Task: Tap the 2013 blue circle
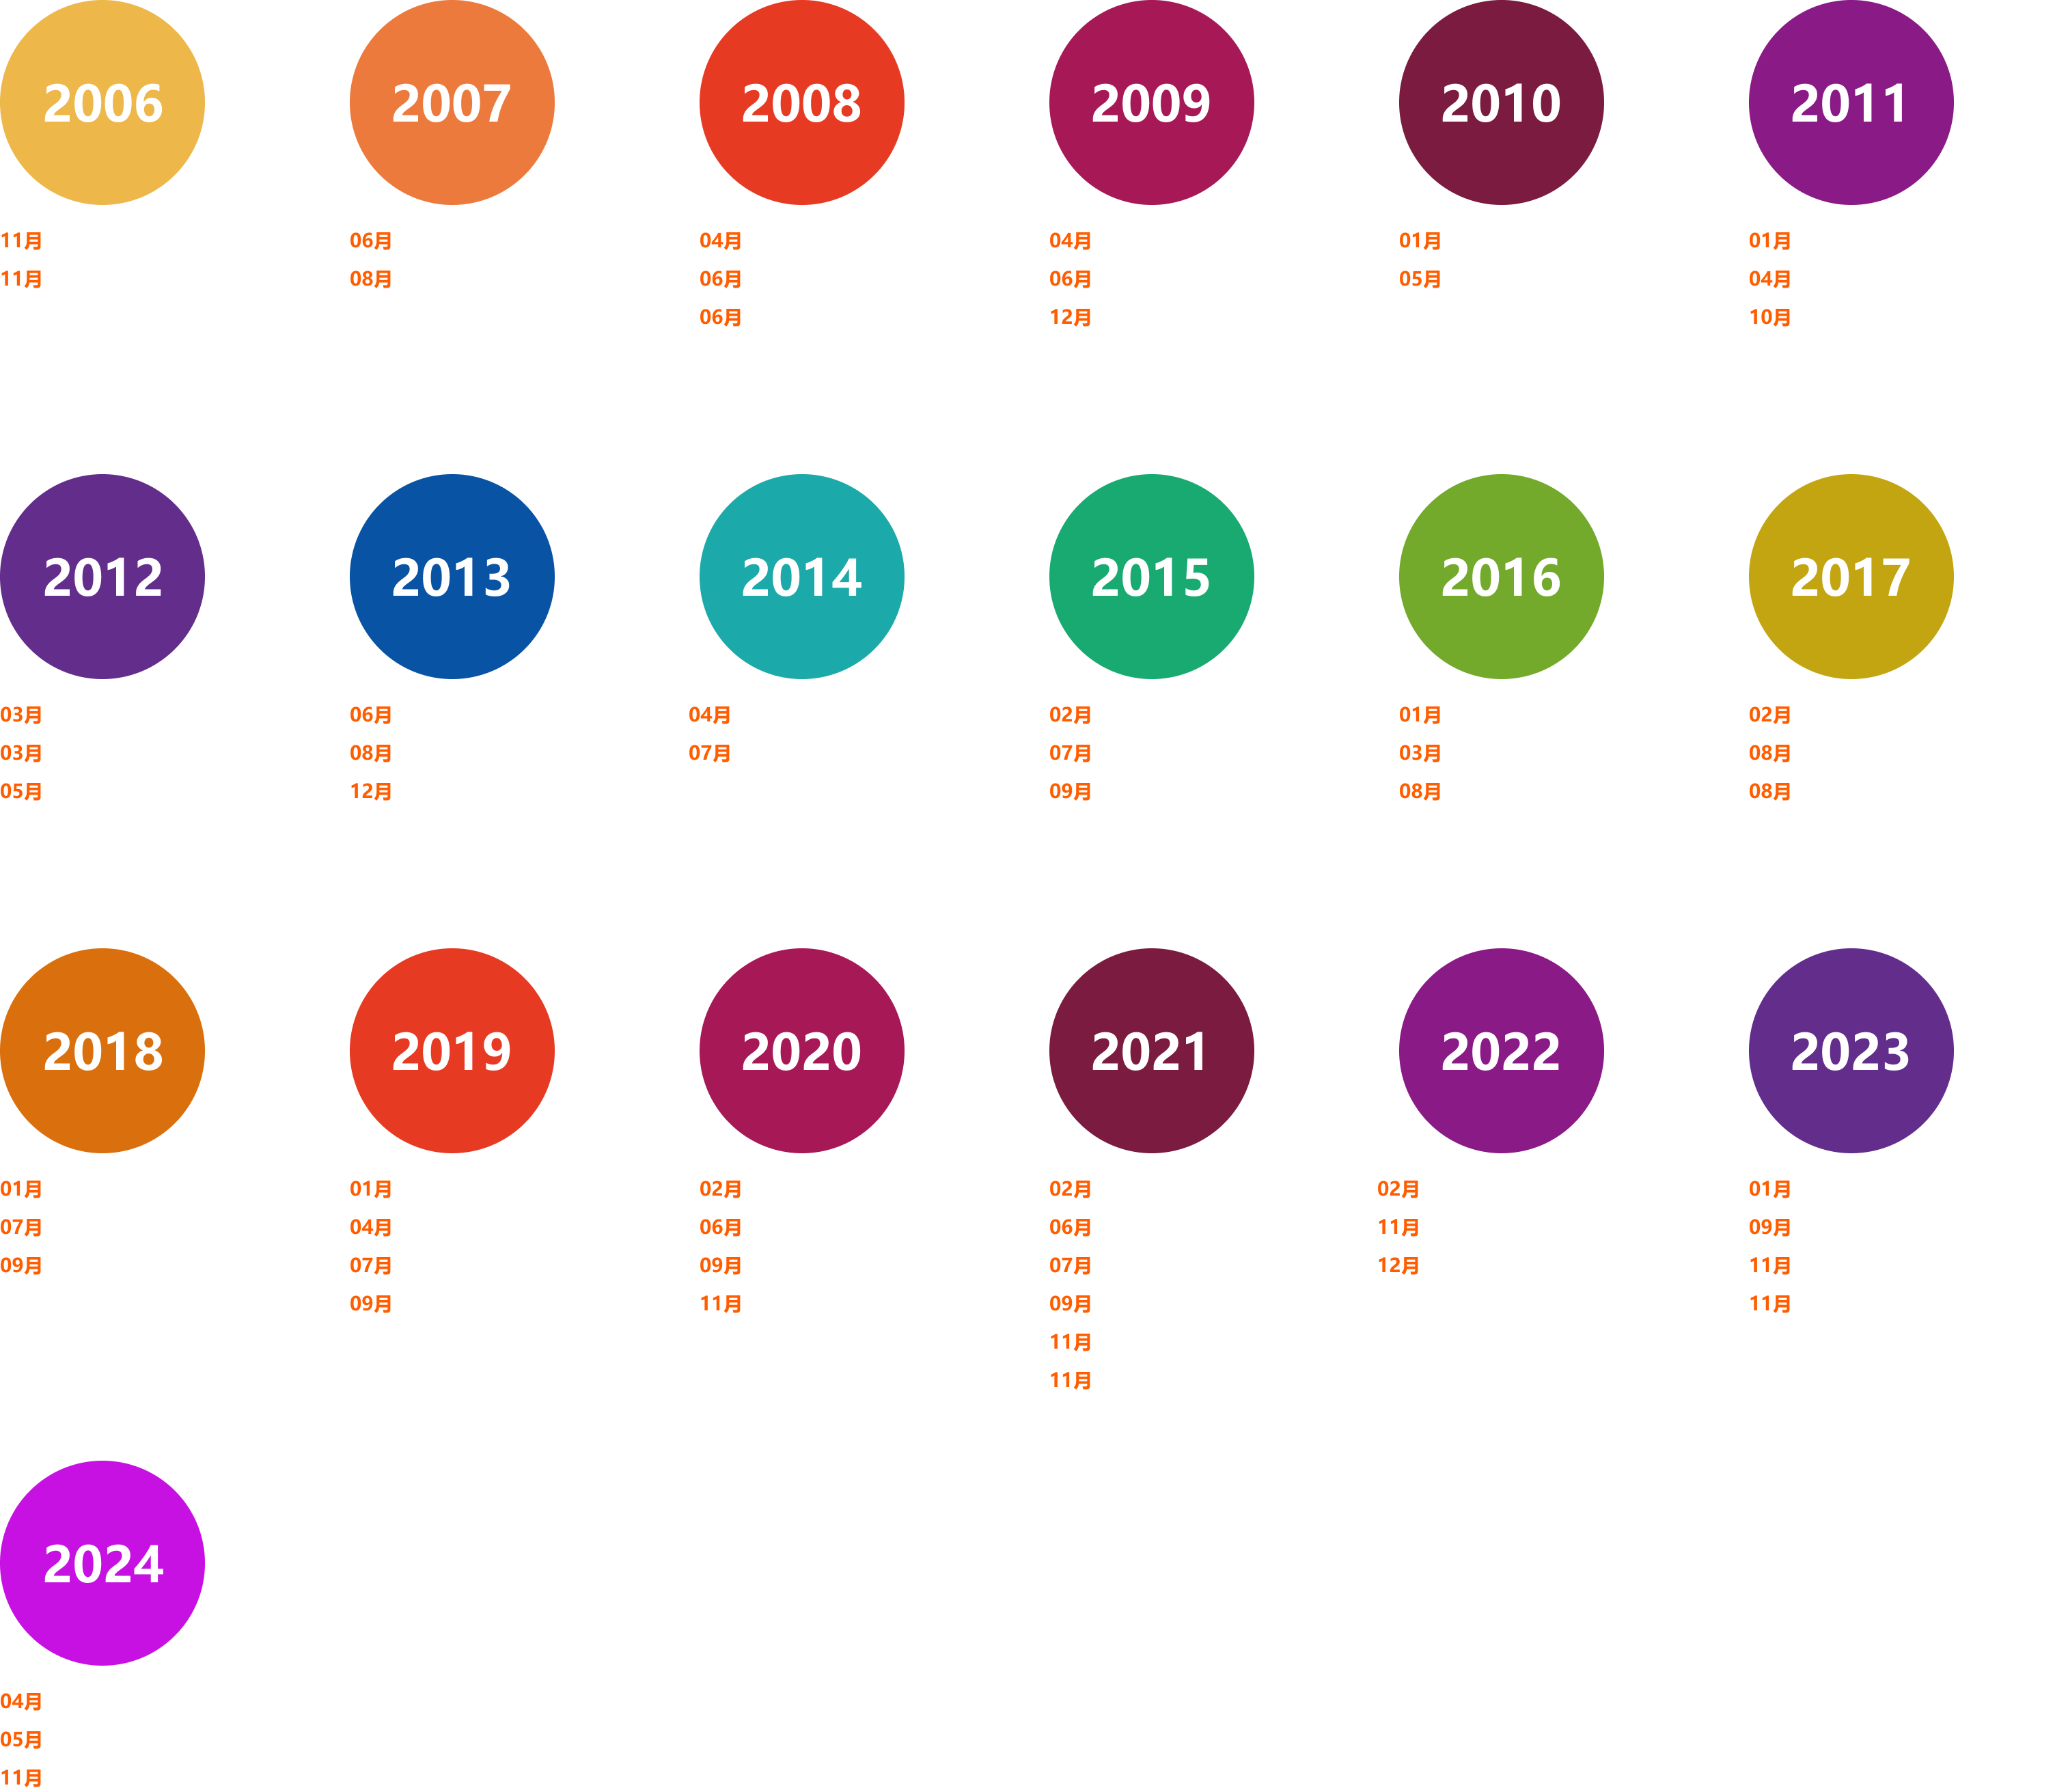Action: click(452, 577)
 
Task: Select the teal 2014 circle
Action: click(801, 577)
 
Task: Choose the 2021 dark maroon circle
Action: click(1151, 1051)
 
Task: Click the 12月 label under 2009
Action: click(1070, 318)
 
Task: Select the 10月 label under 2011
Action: click(1769, 318)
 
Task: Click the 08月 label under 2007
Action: click(371, 279)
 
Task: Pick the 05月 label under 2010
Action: click(1420, 279)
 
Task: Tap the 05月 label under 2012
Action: click(21, 792)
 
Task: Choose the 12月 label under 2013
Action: click(371, 792)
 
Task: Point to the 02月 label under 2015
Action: click(1070, 715)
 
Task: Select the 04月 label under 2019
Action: click(371, 1228)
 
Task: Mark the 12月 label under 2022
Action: click(1398, 1265)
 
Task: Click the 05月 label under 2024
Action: click(21, 1740)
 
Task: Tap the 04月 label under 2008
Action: click(720, 240)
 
